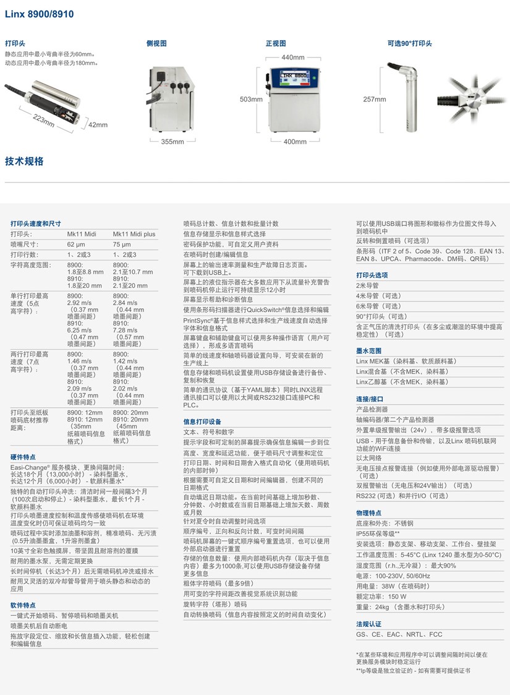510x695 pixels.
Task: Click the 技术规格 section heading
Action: [x=24, y=162]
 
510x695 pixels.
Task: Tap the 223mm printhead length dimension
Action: [x=45, y=119]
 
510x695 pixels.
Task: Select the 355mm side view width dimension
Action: [x=173, y=142]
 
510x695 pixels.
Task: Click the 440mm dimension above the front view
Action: [x=293, y=58]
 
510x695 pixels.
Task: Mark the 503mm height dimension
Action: [x=247, y=99]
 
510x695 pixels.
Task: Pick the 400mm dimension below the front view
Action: [x=295, y=142]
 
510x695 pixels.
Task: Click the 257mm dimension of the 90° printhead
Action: [x=375, y=99]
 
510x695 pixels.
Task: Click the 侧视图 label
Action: [x=156, y=44]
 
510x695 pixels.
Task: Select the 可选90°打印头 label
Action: [x=410, y=44]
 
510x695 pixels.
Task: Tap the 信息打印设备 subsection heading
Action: [x=202, y=421]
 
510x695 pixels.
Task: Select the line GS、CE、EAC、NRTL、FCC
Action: [x=399, y=634]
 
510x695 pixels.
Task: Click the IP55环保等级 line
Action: [x=378, y=533]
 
